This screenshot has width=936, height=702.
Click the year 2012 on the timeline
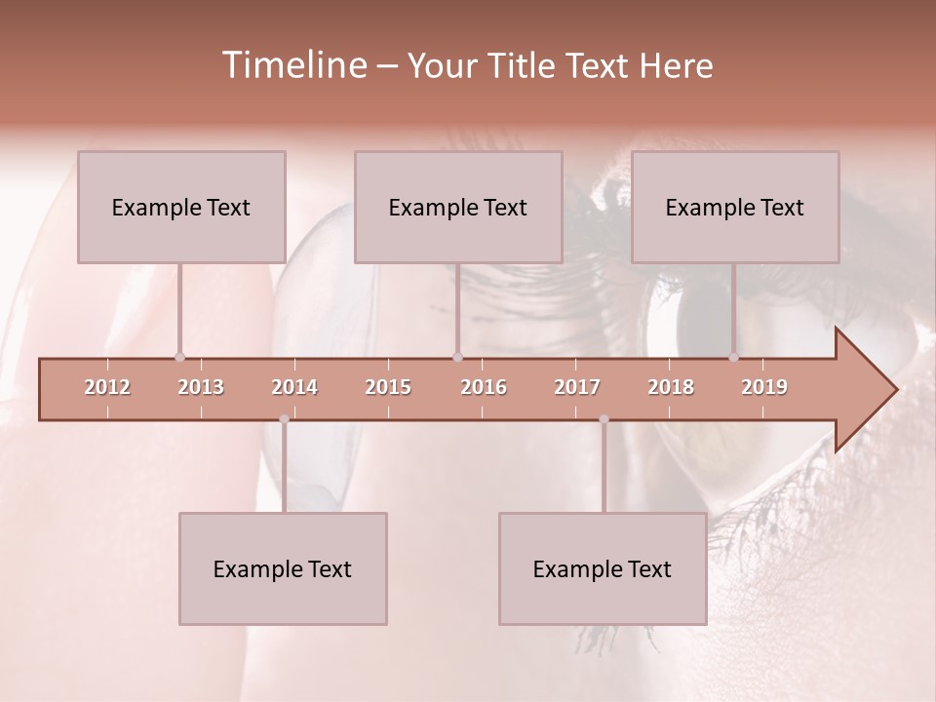tap(107, 387)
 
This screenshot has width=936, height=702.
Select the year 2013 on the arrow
tap(201, 387)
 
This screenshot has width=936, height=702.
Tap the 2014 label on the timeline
tap(294, 387)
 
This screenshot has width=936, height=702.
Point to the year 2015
tap(388, 387)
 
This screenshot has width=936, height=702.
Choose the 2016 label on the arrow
tap(484, 387)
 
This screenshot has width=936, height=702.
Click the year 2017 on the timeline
tap(577, 387)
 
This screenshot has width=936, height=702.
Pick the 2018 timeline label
tap(671, 387)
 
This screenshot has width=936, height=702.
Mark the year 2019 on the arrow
tap(764, 387)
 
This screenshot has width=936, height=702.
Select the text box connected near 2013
tap(181, 207)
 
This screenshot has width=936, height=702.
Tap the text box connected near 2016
tap(458, 207)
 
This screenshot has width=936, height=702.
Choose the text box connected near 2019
tap(735, 207)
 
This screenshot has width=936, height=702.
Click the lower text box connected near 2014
tap(283, 568)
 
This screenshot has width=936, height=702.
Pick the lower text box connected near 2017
tap(603, 568)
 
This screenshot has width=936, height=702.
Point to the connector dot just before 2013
tap(179, 357)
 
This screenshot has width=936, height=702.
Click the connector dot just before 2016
tap(457, 357)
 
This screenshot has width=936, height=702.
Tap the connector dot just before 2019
tap(734, 357)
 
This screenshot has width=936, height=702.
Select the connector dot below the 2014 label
tap(284, 419)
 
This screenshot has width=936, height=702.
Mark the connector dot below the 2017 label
tap(604, 419)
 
